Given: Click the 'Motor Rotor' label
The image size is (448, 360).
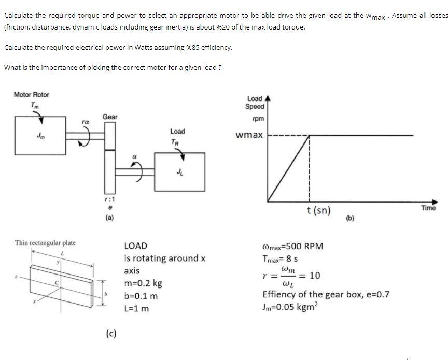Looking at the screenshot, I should pos(31,94).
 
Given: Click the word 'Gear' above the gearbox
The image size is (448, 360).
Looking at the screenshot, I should pos(109,117).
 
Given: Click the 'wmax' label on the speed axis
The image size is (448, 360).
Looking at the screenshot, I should pos(249,135).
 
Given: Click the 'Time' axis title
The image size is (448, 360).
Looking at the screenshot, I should pos(428,208).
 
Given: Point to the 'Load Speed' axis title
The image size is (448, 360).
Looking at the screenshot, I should pos(255,103).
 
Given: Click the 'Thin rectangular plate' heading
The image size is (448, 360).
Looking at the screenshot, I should pos(45,242).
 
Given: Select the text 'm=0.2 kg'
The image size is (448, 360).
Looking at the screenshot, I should pos(143,283).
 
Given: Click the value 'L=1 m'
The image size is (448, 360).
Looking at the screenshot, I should pos(137,308).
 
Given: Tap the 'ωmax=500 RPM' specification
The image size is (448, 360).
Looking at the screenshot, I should pos(293,246).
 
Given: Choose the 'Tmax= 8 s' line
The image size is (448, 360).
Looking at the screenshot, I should pos(280,259).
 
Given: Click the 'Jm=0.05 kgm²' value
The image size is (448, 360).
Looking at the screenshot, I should pos(290,307).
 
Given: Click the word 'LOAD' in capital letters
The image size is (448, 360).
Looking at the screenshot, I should pos(136,246).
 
